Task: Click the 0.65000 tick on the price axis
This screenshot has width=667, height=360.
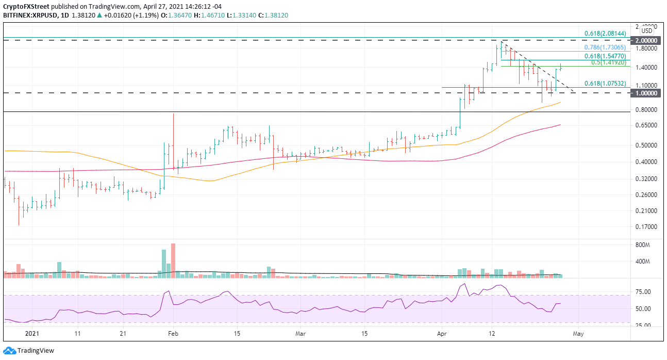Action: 646,125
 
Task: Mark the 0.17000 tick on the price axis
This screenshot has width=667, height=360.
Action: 646,227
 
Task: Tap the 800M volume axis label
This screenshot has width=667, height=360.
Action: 644,245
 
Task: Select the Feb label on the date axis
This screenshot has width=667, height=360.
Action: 174,334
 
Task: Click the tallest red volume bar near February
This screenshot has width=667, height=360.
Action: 173,261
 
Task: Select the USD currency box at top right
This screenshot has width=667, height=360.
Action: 647,31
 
